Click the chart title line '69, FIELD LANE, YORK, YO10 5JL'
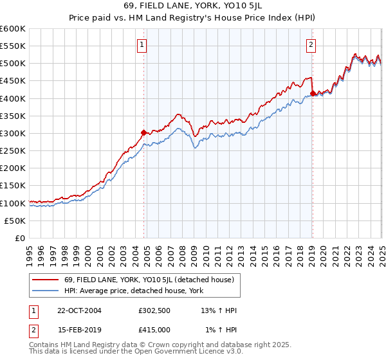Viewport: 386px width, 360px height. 193,7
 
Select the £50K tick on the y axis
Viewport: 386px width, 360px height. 15,221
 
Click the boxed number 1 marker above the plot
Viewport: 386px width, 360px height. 142,45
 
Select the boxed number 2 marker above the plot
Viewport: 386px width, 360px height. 311,45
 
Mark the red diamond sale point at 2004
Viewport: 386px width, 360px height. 144,132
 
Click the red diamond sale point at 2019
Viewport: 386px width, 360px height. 312,93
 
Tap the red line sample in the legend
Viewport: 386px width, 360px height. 45,280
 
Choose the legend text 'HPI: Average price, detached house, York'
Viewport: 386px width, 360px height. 134,291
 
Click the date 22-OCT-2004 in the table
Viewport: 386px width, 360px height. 79,310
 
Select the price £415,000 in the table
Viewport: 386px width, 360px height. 154,330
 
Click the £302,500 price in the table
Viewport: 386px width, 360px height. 154,310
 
